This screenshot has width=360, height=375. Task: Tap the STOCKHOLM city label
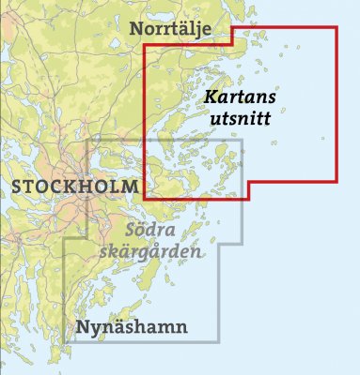coord(74,187)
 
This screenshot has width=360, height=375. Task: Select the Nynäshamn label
coord(131,327)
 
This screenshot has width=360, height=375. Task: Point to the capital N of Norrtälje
coord(138,30)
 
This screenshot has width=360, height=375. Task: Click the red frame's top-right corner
coord(336,27)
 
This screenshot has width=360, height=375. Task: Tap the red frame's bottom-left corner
coord(143,198)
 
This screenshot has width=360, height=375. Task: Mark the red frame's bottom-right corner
coord(336,180)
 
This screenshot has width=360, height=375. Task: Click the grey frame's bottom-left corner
coord(64,340)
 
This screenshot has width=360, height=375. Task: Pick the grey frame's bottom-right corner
coord(220,340)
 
